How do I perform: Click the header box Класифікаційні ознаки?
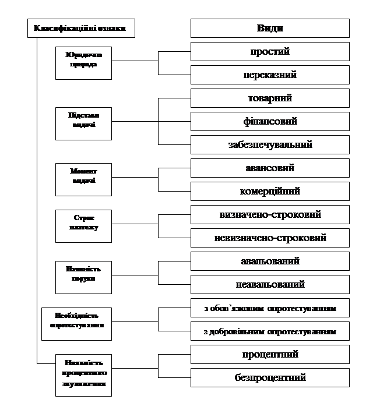(81, 28)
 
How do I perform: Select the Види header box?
(270, 28)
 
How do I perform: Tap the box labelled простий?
(270, 51)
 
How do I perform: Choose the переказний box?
(270, 75)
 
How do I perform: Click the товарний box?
(270, 98)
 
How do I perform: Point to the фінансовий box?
(270, 121)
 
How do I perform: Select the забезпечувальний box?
(270, 144)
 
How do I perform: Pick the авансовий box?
(270, 168)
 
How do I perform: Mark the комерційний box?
(270, 191)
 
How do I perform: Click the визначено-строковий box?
(270, 214)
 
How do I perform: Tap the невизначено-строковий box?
(270, 238)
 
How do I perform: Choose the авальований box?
(270, 261)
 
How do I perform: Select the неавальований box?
(270, 284)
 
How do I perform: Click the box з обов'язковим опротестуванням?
(270, 307)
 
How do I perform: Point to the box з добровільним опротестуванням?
(270, 331)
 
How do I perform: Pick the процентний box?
(270, 354)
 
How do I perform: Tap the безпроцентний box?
(270, 377)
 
